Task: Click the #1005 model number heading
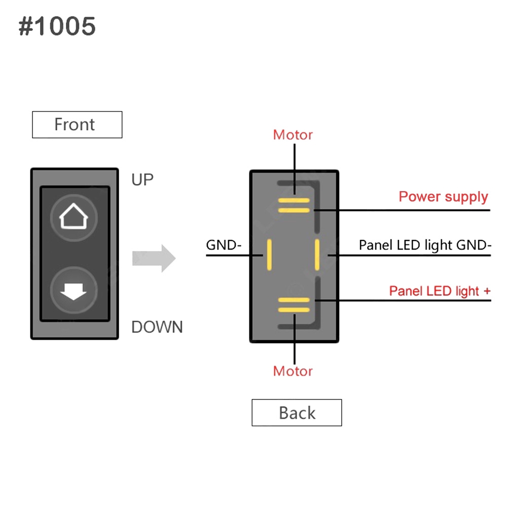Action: point(57,26)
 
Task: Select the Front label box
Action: point(77,125)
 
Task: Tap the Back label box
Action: point(297,413)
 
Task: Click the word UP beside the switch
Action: point(142,179)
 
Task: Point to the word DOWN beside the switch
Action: point(157,327)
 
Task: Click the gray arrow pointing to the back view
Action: point(154,258)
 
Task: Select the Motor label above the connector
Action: point(293,135)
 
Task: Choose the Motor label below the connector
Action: point(293,371)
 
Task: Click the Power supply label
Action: point(443,197)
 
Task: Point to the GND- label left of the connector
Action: point(224,245)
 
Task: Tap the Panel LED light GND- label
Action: point(425,245)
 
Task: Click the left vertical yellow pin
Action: point(269,255)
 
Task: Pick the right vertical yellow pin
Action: point(317,255)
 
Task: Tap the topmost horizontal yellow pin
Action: point(294,200)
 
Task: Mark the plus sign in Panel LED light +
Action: point(487,291)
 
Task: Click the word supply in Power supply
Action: point(464,197)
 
